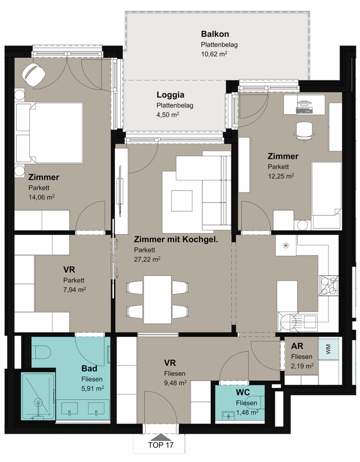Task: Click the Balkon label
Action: tap(215, 34)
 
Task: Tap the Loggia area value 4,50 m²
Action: tap(168, 115)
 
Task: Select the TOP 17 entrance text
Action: tap(161, 445)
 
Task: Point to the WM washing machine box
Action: tap(328, 349)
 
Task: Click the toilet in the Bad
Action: tap(43, 352)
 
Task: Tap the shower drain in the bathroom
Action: tap(38, 402)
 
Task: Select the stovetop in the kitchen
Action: tap(328, 286)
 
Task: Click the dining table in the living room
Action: tap(157, 300)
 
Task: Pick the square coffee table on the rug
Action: tap(182, 201)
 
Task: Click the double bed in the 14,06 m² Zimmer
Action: tap(50, 133)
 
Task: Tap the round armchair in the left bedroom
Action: tap(34, 74)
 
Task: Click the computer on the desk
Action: tap(304, 107)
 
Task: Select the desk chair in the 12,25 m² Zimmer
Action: tap(305, 132)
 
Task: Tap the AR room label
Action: tap(297, 346)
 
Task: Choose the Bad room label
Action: tap(89, 369)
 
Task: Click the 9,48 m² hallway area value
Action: tap(175, 383)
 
